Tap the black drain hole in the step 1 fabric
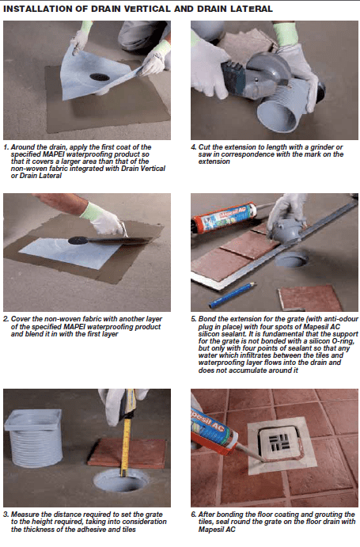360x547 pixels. coord(100,77)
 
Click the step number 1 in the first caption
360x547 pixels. coord(6,147)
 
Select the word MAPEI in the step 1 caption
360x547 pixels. coord(54,154)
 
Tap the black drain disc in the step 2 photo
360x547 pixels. coord(78,241)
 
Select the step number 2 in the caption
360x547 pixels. coord(6,319)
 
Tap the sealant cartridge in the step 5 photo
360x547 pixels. coord(224,218)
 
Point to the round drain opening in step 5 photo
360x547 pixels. coord(292,260)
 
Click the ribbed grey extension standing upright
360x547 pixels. coord(35,438)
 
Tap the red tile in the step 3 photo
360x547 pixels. coord(127,453)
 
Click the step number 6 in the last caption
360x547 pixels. coord(194,515)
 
